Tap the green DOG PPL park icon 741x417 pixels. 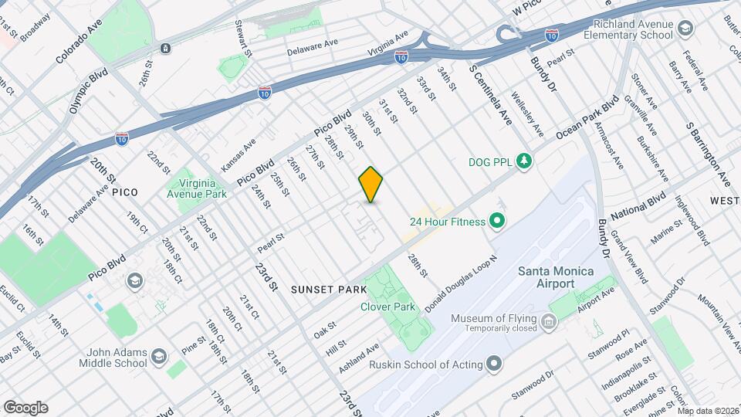click(525, 161)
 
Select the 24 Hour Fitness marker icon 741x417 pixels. click(496, 222)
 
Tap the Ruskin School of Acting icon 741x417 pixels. click(494, 364)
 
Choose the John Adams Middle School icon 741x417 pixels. click(158, 357)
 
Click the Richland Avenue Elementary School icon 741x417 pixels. click(685, 30)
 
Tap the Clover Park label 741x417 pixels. click(388, 307)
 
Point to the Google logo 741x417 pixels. click(25, 407)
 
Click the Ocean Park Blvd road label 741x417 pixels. click(588, 122)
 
